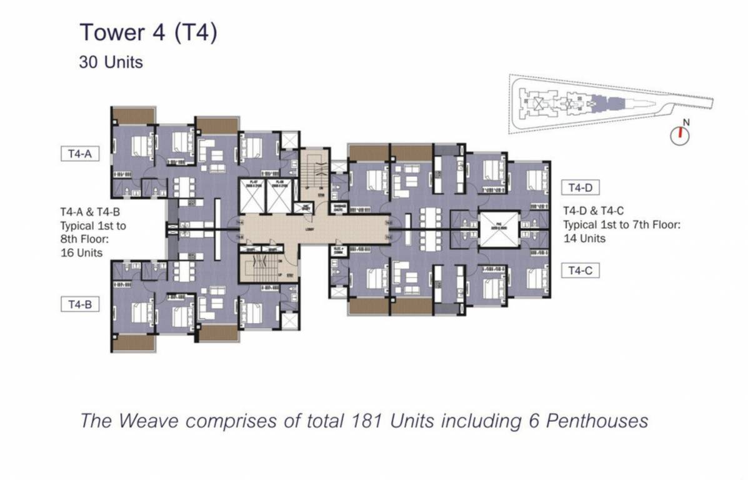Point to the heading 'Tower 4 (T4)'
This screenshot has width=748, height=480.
[x=149, y=32]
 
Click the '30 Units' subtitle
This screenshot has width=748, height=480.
[x=111, y=62]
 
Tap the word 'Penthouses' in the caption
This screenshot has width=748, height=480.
[x=597, y=421]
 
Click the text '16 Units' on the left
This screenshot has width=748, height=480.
[x=82, y=252]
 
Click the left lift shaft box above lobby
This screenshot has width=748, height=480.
[x=253, y=196]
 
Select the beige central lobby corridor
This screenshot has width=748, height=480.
[x=312, y=229]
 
